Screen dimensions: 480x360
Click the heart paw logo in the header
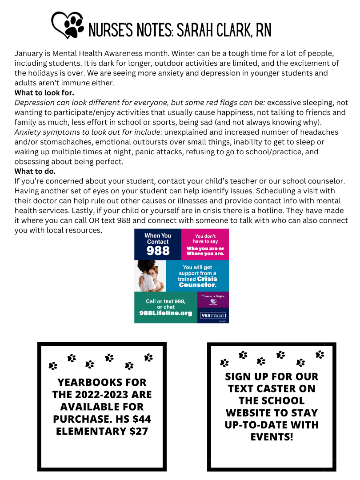68,25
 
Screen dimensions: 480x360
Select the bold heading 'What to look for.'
44,93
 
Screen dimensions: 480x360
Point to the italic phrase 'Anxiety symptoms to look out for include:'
88,132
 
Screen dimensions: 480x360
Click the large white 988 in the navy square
158,250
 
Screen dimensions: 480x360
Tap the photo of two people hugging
150,276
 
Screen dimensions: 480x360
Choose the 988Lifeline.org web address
165,313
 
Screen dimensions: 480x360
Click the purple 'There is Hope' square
213,299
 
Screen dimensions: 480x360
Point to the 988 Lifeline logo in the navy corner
213,315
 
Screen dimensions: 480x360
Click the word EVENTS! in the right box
272,436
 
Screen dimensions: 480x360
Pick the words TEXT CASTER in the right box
272,388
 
